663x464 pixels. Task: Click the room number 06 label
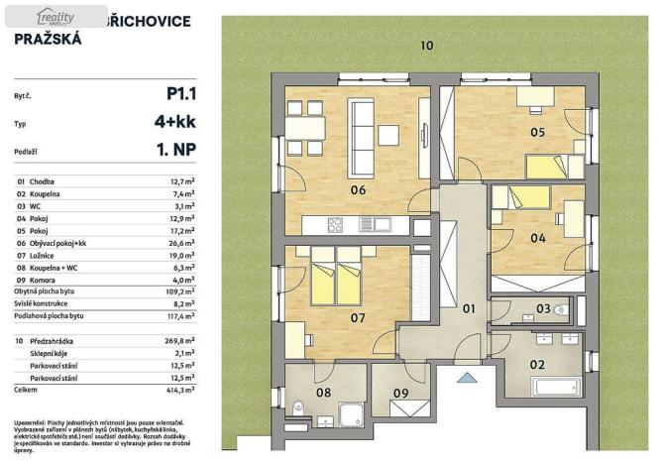tap(358, 190)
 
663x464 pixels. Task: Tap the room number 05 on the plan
tap(537, 132)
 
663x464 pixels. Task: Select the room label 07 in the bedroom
tap(358, 318)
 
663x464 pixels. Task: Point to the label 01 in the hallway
tap(470, 309)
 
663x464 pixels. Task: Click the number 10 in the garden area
tap(426, 46)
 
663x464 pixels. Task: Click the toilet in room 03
tap(561, 310)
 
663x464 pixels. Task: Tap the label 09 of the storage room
tap(400, 394)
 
